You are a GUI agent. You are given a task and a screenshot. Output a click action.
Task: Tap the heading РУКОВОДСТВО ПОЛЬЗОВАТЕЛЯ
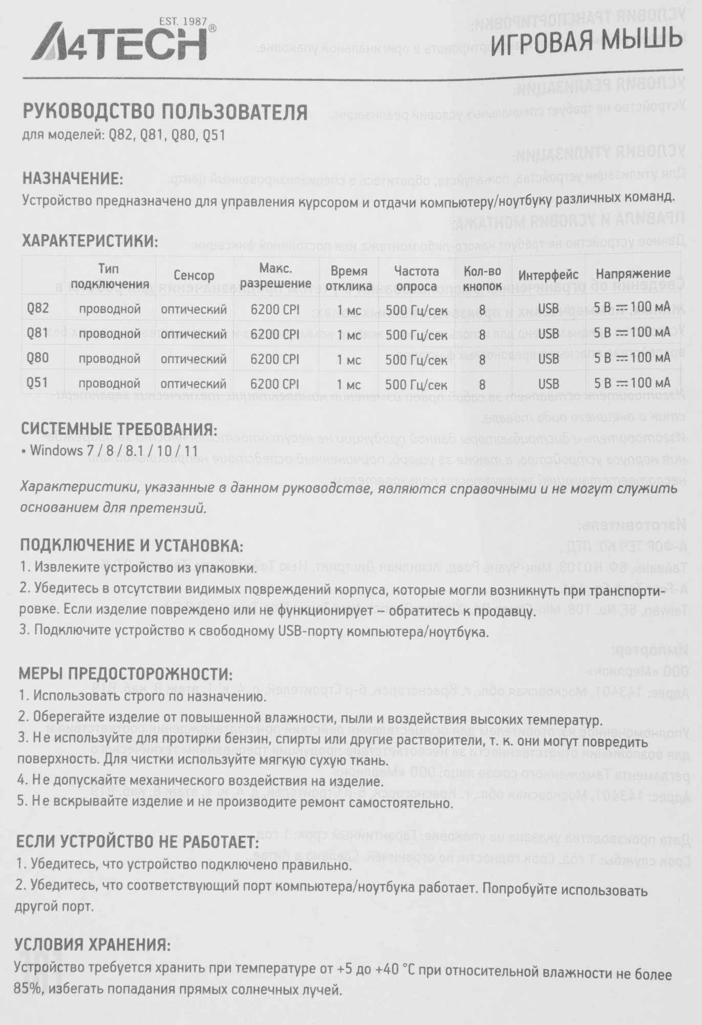(165, 111)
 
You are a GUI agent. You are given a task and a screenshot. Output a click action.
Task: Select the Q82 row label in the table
(38, 309)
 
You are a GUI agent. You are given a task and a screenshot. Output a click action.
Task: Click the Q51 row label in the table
(37, 383)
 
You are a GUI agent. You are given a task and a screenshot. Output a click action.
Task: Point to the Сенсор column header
(194, 276)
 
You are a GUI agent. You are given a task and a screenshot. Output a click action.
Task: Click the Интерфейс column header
(548, 276)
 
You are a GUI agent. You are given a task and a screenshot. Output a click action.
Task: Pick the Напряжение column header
(632, 274)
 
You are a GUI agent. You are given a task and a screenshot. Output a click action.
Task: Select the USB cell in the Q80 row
(549, 359)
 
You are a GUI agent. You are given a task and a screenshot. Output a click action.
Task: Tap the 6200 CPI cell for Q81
(275, 335)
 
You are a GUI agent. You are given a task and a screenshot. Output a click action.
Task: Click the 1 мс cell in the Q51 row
(349, 384)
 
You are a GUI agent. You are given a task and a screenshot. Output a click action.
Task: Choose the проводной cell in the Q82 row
(110, 309)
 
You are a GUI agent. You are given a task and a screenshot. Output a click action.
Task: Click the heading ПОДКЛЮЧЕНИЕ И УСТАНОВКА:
(131, 545)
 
